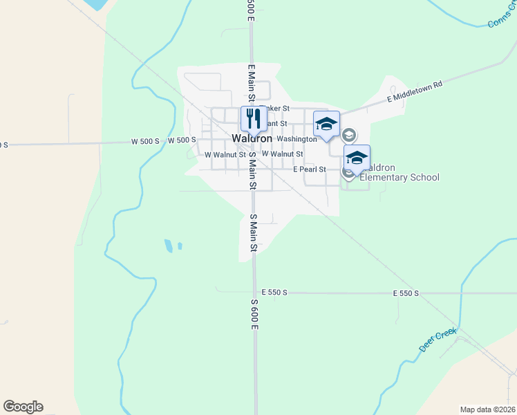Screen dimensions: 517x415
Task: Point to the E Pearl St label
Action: click(309, 169)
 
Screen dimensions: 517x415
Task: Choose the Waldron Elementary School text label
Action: click(400, 173)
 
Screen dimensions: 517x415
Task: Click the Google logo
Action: click(23, 407)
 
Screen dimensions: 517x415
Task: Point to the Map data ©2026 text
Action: click(487, 409)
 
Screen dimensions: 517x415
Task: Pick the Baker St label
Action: click(276, 109)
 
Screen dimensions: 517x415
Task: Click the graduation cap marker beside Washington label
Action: click(326, 124)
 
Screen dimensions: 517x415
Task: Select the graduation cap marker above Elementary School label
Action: click(357, 158)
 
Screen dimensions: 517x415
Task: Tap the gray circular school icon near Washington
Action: click(349, 135)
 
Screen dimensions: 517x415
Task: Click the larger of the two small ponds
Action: click(169, 245)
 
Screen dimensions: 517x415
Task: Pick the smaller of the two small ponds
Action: click(180, 246)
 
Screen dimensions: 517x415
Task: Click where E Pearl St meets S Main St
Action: click(253, 169)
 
